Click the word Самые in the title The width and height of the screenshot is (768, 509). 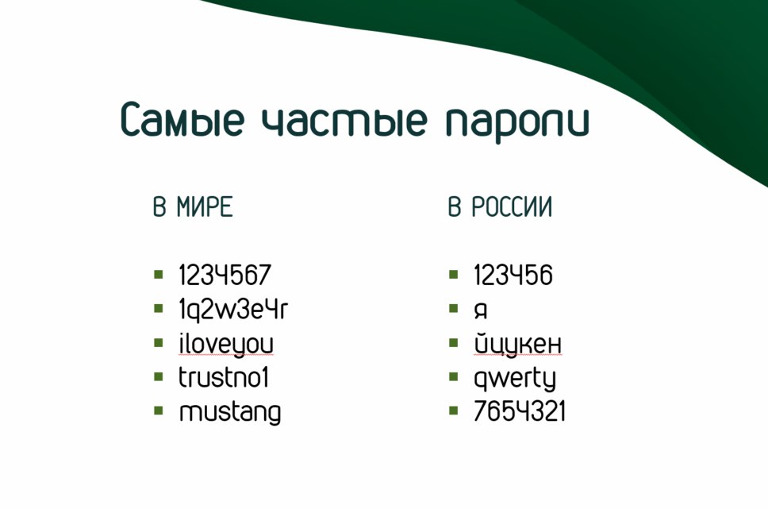[182, 119]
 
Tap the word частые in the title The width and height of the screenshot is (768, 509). [344, 120]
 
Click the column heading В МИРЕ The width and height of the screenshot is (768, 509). [193, 206]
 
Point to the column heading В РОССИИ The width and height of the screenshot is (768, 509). [500, 206]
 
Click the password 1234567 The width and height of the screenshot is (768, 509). [225, 275]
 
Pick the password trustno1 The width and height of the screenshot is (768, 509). [224, 378]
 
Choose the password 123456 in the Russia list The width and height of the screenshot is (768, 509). [513, 275]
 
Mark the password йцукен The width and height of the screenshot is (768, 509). [518, 343]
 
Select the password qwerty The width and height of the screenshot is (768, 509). [515, 379]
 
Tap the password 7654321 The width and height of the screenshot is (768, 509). [520, 411]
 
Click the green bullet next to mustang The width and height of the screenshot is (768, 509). [158, 411]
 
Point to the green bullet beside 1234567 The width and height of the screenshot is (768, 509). [158, 274]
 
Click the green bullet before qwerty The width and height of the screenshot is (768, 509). [454, 376]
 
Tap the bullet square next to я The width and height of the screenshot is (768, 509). [454, 308]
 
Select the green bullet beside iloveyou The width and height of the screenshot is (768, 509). [158, 342]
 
